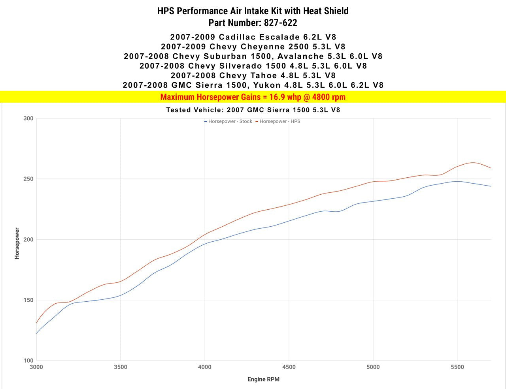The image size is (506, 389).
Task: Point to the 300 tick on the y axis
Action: tap(28, 118)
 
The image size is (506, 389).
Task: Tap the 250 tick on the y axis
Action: tap(28, 179)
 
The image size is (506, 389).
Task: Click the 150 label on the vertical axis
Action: tap(28, 300)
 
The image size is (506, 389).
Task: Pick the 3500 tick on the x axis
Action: tap(121, 367)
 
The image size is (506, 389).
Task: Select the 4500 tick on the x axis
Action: tap(289, 367)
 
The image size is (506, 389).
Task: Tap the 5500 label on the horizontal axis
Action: tap(457, 367)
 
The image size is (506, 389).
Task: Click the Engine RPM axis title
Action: tap(263, 379)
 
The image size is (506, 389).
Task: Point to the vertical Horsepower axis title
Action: tap(17, 243)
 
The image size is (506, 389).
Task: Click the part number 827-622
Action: tap(281, 23)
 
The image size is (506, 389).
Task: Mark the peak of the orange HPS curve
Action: tap(473, 162)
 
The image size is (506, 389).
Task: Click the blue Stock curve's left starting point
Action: tap(37, 333)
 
